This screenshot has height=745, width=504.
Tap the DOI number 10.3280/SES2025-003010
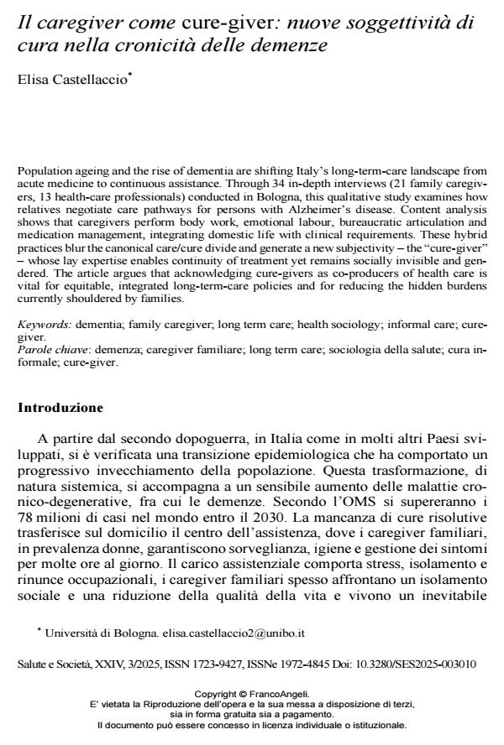tap(417, 663)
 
